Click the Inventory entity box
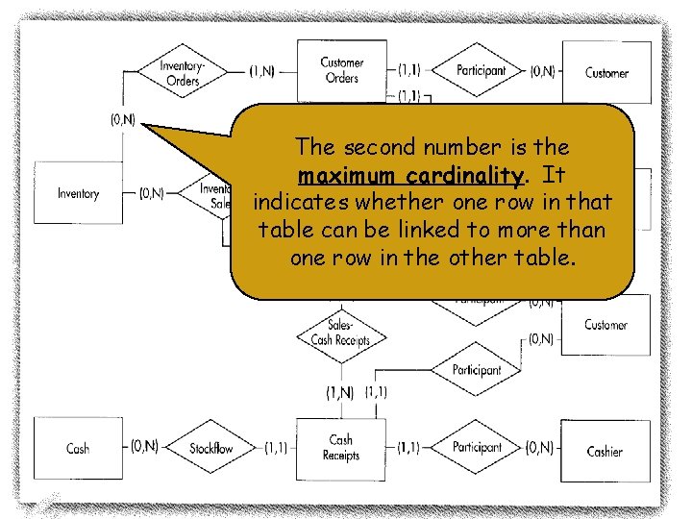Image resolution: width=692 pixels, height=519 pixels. point(78,193)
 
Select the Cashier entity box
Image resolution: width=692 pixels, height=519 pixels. point(605,450)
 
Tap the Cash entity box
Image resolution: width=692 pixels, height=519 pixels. point(78,448)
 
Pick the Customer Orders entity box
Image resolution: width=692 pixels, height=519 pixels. point(341,71)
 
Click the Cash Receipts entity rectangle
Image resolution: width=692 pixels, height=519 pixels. point(341,447)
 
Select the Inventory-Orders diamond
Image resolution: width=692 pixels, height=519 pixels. point(182,73)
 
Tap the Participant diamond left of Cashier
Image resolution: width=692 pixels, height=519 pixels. point(478,447)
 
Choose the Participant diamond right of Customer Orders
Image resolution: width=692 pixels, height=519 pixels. point(480,70)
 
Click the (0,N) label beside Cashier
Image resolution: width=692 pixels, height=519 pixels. point(539,447)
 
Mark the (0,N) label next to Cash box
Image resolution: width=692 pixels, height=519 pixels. point(145,447)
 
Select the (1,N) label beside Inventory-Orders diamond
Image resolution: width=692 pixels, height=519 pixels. point(266,70)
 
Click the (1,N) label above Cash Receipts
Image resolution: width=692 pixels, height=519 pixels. point(340,392)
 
